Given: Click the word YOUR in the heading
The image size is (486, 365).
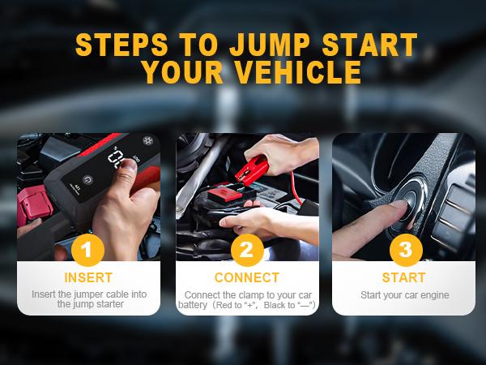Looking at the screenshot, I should [179, 72].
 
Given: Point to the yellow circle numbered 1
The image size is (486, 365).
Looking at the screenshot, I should [88, 249].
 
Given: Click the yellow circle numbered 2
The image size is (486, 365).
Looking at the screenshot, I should [246, 249].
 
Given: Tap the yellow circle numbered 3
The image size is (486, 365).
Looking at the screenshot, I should [404, 249].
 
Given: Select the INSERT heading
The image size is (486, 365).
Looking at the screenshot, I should [88, 277].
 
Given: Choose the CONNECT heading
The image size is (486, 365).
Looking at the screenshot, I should [246, 277].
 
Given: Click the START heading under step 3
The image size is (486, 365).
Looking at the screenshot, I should [404, 277].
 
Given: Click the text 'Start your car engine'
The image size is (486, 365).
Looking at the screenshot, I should [404, 294].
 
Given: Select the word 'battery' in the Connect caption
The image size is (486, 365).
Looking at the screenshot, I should [193, 305].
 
